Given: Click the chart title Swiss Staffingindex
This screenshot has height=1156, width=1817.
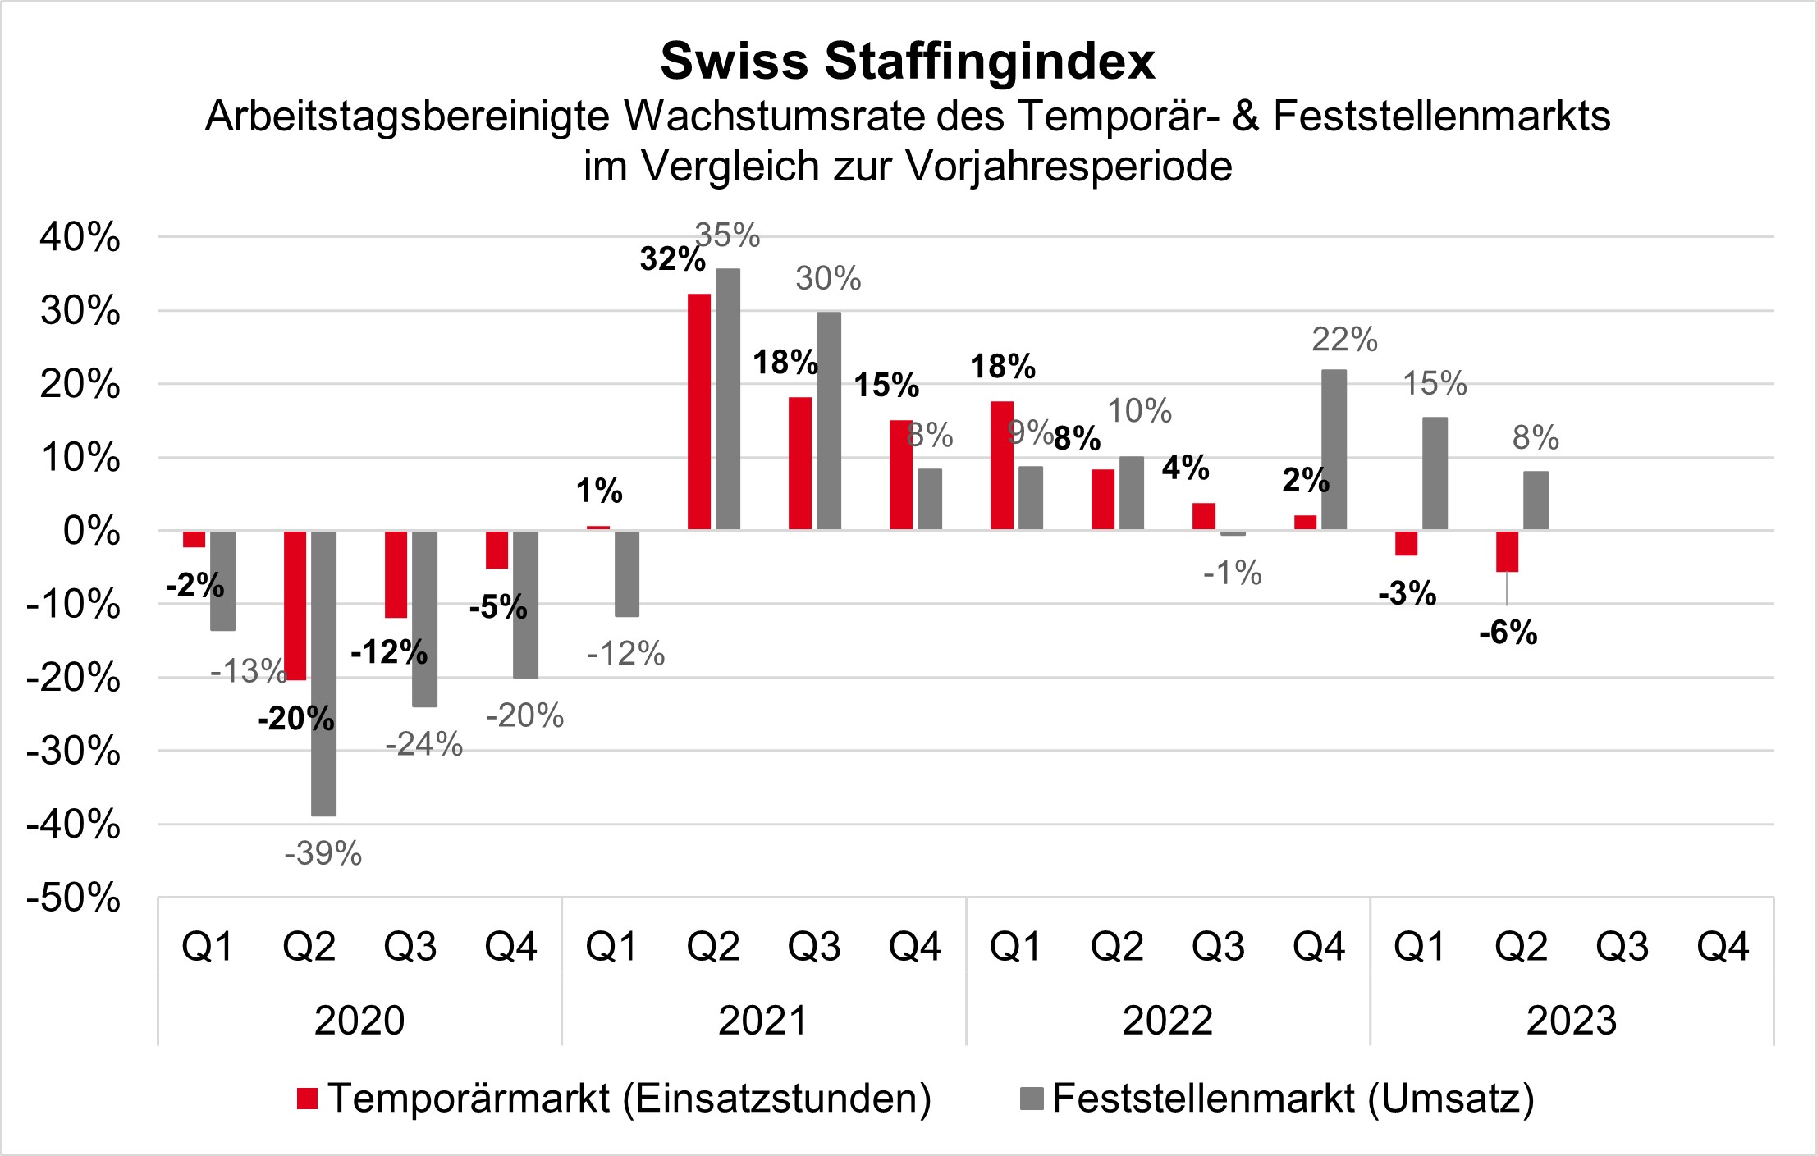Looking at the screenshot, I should [x=908, y=62].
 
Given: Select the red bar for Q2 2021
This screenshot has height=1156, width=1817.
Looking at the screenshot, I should [x=699, y=412].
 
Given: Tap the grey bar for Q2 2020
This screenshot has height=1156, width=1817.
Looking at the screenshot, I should [x=323, y=673].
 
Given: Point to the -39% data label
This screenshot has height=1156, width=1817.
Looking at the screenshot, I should [x=323, y=854].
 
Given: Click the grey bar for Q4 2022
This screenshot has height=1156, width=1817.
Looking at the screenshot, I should [x=1334, y=450].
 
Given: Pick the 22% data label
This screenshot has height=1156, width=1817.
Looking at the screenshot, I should [x=1344, y=340].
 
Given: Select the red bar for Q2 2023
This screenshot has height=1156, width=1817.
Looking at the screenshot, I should [x=1507, y=551].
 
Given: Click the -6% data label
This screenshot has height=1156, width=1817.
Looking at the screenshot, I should [x=1508, y=633].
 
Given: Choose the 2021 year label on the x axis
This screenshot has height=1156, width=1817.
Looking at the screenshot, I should [x=763, y=1021].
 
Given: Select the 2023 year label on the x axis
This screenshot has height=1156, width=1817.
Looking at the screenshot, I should [x=1572, y=1021].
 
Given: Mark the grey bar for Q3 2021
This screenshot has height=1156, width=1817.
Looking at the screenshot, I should [x=829, y=421].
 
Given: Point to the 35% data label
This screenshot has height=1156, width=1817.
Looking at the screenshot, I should [x=728, y=236].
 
